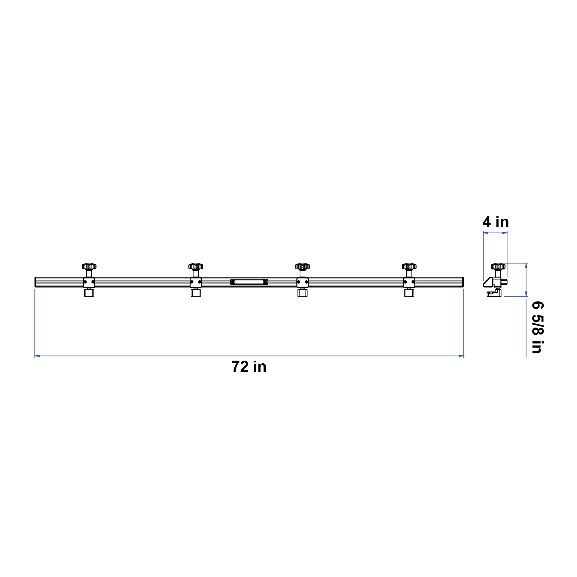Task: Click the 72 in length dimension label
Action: (x=249, y=367)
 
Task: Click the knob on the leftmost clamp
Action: (x=89, y=266)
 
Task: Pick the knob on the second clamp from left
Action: (x=196, y=266)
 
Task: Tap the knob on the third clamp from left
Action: (x=302, y=266)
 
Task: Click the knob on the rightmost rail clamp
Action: (x=409, y=266)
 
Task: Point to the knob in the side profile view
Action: (x=498, y=266)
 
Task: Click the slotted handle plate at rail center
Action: (x=249, y=282)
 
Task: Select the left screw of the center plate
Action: (x=233, y=282)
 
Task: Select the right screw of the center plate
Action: (x=265, y=282)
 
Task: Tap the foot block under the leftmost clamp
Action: (x=89, y=293)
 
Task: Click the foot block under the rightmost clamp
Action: (x=409, y=293)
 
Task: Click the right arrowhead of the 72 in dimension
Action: (x=461, y=356)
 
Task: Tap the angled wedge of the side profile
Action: (x=487, y=282)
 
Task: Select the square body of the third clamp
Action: (x=302, y=282)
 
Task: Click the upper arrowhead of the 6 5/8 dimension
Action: (x=526, y=266)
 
